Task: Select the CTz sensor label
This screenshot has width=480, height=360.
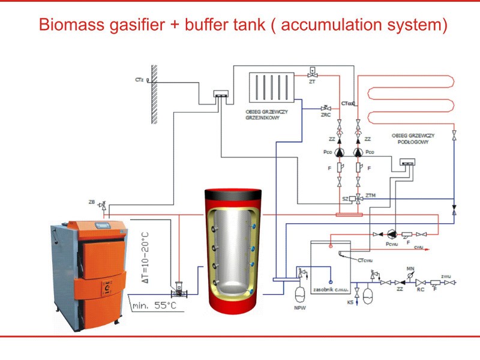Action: click(139, 79)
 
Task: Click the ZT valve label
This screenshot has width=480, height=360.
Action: click(312, 82)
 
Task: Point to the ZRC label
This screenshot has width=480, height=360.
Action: click(326, 114)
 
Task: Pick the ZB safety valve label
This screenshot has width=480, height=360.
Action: click(92, 202)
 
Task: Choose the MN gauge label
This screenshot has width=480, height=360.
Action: click(410, 268)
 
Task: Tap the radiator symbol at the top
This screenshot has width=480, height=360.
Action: click(271, 88)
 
